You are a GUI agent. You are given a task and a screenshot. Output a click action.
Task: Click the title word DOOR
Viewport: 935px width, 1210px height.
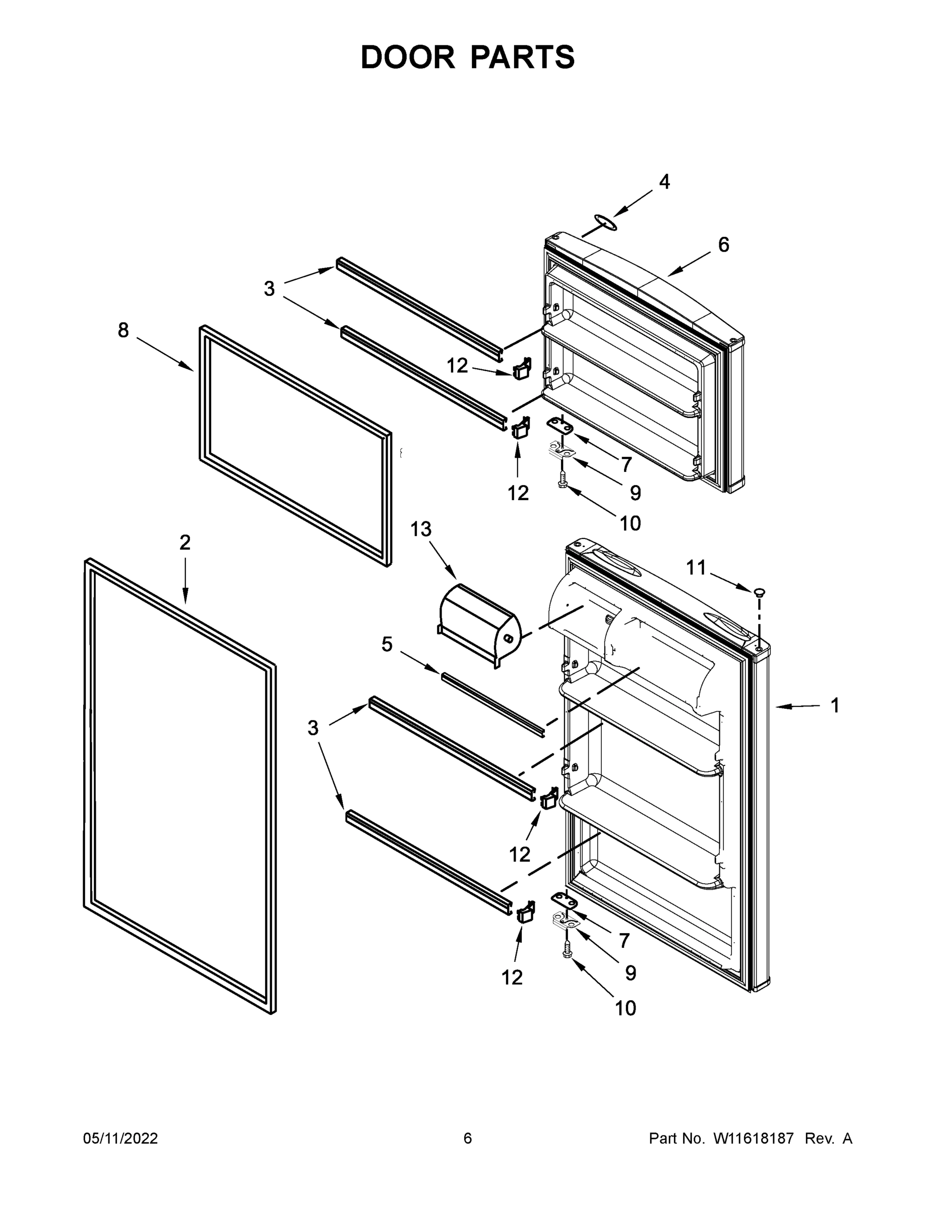[407, 57]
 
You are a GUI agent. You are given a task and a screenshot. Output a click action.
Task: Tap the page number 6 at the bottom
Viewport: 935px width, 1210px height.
[468, 1138]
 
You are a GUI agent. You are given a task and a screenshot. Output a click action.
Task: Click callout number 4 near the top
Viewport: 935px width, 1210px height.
[664, 181]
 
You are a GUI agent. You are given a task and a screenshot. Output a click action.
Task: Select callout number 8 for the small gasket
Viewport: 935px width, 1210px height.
[123, 330]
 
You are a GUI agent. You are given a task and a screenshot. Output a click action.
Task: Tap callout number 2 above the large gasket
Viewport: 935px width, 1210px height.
[185, 542]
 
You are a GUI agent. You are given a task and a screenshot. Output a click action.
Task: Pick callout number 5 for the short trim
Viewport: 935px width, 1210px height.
[387, 644]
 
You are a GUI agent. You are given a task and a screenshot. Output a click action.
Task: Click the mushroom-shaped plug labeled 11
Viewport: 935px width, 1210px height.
[759, 592]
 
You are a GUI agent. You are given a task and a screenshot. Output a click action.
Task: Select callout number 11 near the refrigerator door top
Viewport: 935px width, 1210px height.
[696, 567]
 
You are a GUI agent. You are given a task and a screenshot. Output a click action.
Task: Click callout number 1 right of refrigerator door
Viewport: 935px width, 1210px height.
[835, 705]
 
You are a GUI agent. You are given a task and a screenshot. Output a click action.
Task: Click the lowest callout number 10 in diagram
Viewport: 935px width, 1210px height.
[626, 1008]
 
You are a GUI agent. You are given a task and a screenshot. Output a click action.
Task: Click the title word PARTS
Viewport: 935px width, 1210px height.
[523, 57]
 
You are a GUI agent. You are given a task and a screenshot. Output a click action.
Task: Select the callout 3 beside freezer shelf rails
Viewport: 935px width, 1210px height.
[269, 289]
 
